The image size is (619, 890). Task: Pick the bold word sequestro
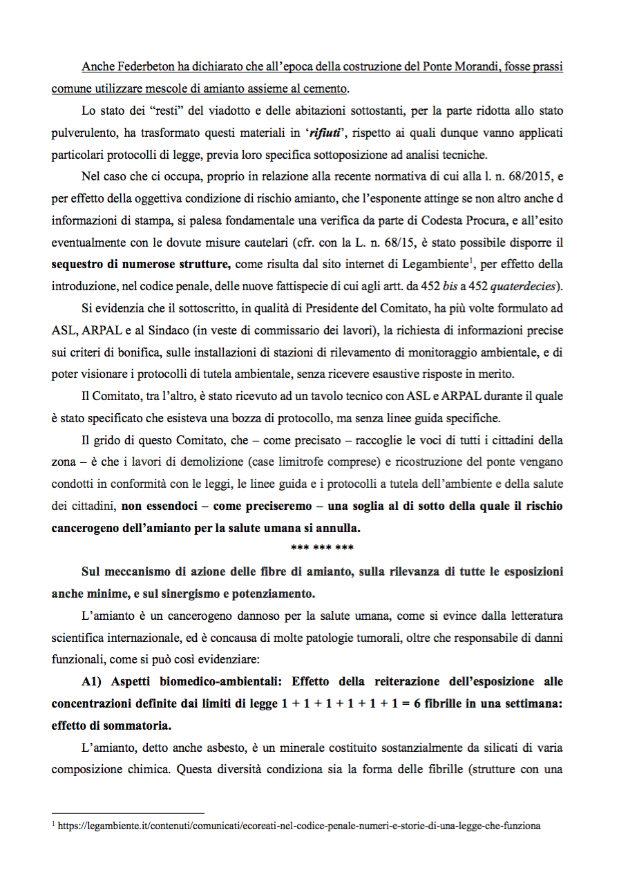[80, 263]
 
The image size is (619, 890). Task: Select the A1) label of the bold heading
[93, 681]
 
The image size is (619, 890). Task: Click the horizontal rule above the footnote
[128, 813]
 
